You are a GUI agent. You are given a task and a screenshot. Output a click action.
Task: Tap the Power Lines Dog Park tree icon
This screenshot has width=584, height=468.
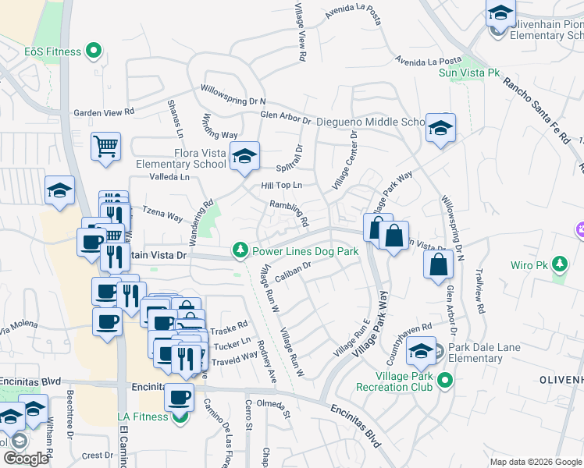[x=240, y=250]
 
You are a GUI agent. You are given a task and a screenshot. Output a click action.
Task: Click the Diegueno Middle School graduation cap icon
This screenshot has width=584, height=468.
[x=440, y=128]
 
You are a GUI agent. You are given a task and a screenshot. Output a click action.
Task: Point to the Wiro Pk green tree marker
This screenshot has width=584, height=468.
[x=559, y=264]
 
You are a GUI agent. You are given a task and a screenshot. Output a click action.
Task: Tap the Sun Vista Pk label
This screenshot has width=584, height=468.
[x=469, y=73]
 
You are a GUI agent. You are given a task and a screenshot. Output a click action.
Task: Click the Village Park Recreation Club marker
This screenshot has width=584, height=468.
[x=445, y=381]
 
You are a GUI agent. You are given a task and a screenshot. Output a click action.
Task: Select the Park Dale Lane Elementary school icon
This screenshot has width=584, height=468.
[x=422, y=353]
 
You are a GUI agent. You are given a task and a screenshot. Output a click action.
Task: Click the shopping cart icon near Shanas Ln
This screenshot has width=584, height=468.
[x=105, y=146]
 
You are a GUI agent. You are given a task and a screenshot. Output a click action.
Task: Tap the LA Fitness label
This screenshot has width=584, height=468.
[x=143, y=417]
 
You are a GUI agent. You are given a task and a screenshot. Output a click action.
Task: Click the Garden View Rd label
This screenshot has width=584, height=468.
[x=104, y=112]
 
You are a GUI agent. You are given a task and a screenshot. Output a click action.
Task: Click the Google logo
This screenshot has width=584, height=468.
[x=26, y=459]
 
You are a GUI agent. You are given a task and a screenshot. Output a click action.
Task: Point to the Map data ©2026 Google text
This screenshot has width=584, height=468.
[x=535, y=462]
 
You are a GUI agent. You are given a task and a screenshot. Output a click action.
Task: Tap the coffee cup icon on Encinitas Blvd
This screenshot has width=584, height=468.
[x=179, y=398]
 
